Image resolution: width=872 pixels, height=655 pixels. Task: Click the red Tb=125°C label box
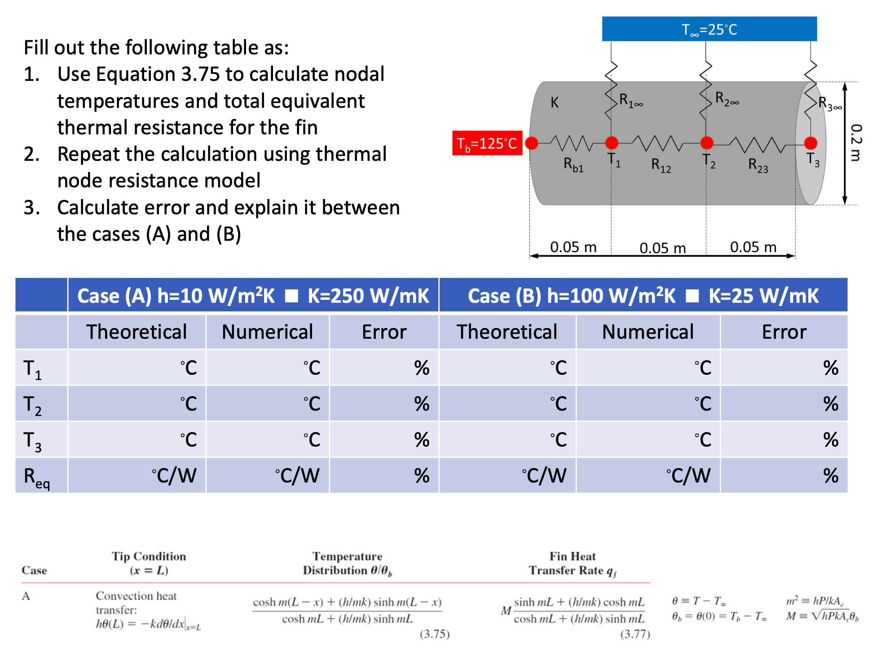487,143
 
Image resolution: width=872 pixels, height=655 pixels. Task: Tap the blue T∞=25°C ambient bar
709,29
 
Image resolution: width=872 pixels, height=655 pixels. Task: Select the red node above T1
612,143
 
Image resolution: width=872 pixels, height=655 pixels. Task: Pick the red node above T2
707,143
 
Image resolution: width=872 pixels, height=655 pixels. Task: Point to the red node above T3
810,143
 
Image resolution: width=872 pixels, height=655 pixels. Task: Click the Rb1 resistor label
573,165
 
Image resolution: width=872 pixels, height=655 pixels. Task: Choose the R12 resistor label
661,165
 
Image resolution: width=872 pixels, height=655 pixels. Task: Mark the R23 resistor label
758,165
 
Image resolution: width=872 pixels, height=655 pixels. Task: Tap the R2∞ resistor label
727,99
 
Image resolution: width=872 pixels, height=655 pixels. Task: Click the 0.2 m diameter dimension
856,143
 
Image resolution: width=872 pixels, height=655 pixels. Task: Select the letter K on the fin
555,103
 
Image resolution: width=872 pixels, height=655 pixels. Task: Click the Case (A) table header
253,296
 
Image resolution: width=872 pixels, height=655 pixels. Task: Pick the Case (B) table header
643,296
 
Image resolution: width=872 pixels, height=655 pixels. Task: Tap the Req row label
37,477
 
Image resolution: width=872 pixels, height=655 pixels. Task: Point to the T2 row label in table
32,405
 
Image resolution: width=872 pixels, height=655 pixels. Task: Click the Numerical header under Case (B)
647,332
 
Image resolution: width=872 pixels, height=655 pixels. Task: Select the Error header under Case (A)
384,332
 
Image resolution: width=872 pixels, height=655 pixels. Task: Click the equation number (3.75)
434,634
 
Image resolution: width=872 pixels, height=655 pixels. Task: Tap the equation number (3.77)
635,634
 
